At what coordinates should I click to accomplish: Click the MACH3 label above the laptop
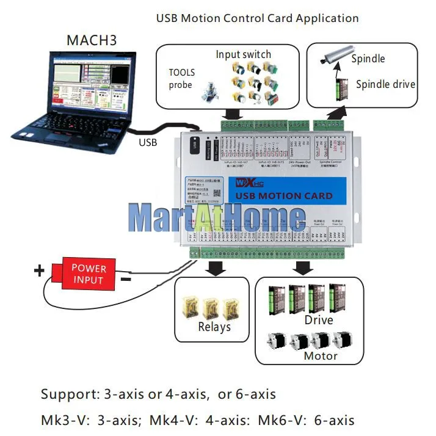click(x=91, y=42)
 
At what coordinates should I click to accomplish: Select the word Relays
click(x=214, y=327)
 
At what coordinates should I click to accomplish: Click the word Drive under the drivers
click(x=319, y=320)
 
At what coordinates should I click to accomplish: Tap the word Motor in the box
click(x=321, y=355)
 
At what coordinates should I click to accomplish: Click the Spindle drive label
click(x=385, y=85)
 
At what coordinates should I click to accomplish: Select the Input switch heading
click(x=243, y=54)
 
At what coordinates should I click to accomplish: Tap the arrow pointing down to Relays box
click(x=215, y=267)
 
